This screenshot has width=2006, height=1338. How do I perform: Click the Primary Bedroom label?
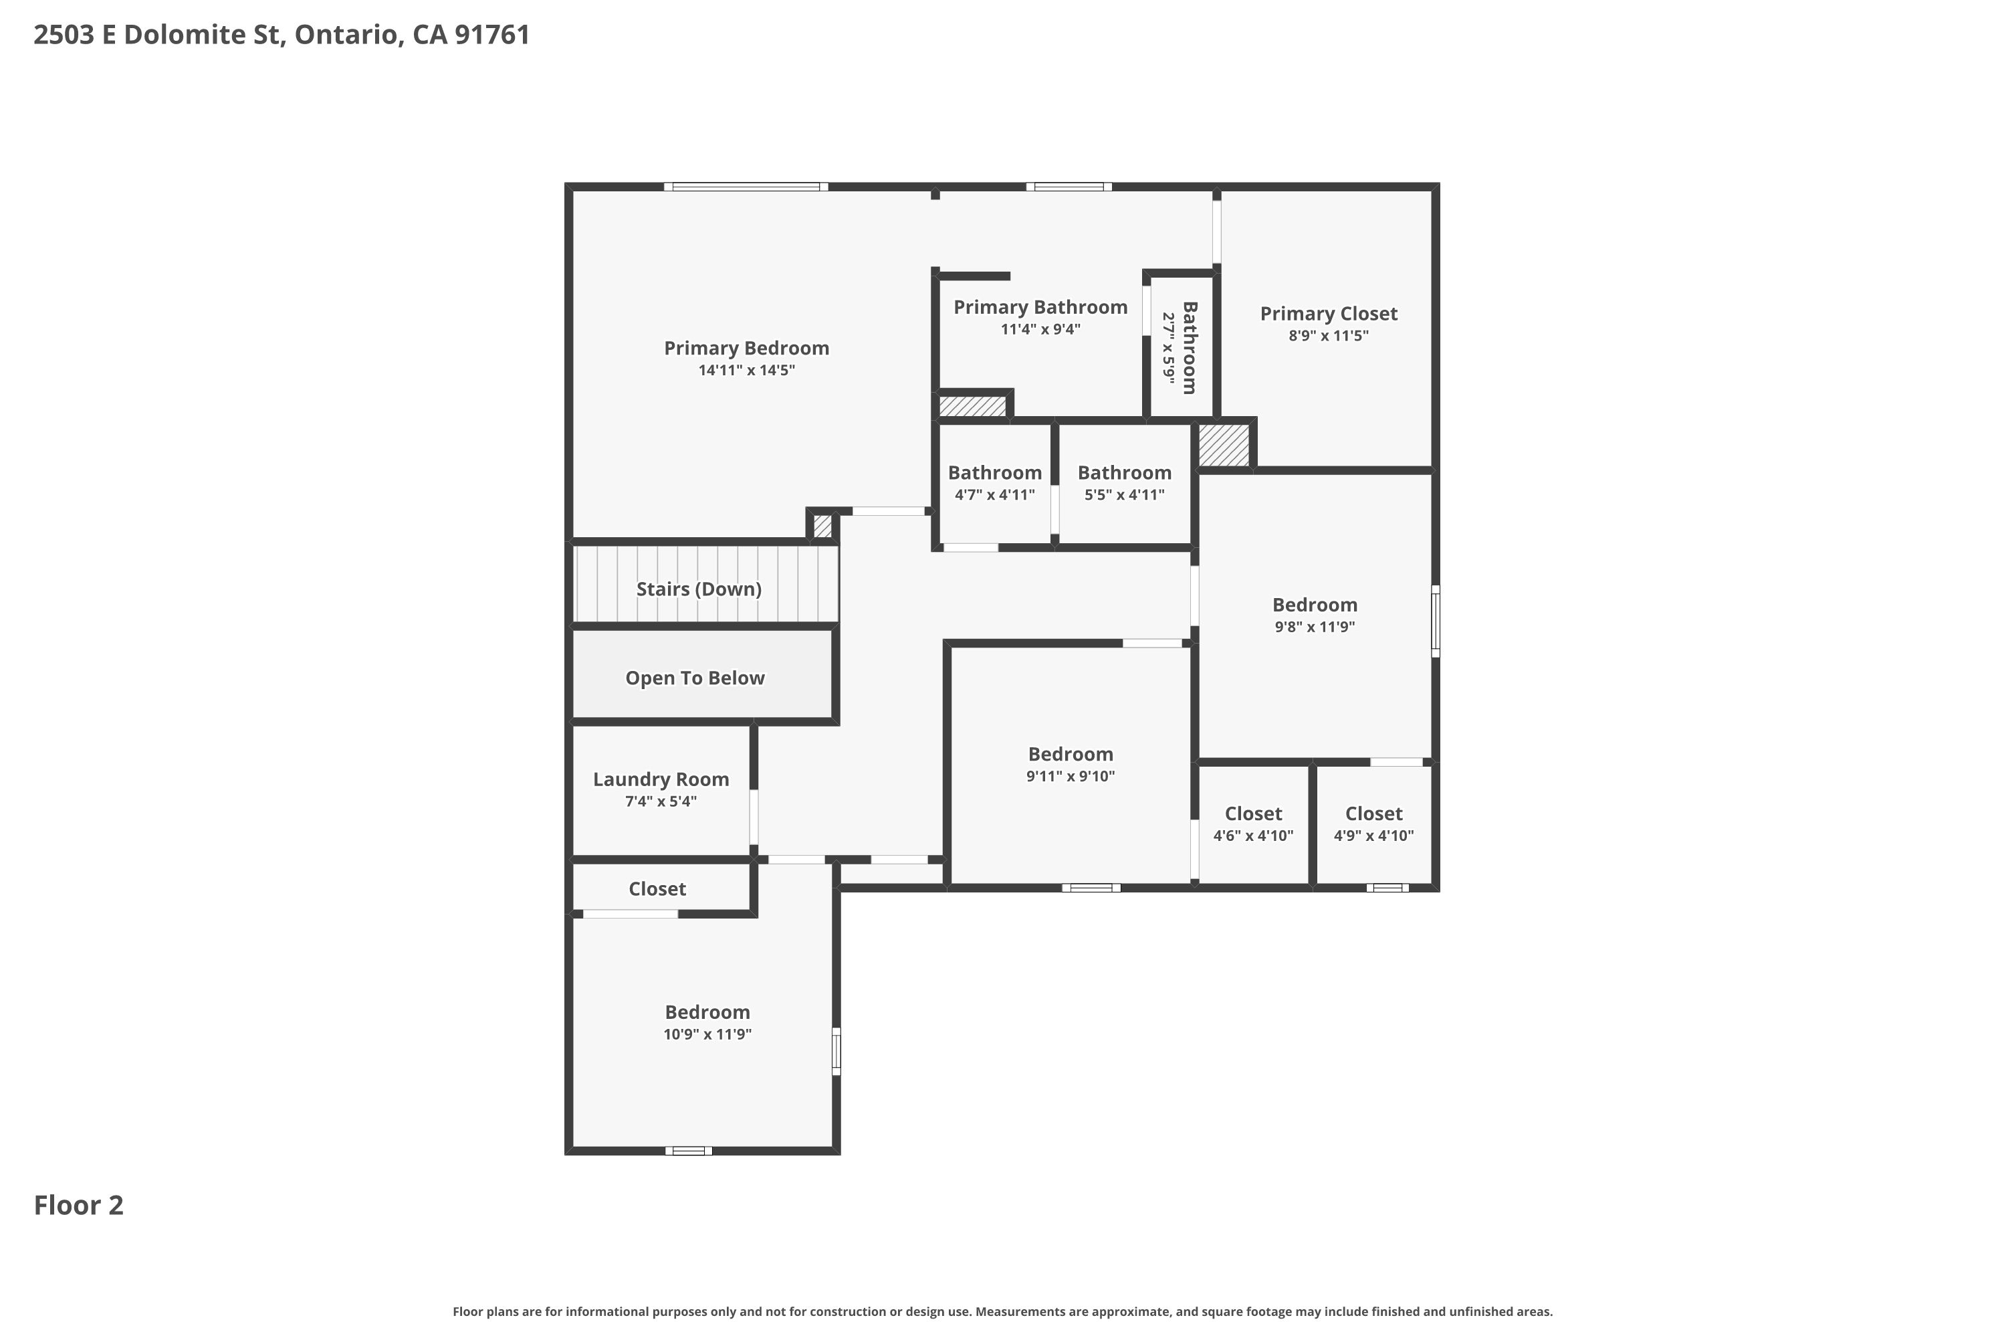[746, 348]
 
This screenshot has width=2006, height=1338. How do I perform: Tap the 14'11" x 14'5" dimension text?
[746, 371]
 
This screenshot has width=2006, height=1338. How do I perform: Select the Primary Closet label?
[1328, 314]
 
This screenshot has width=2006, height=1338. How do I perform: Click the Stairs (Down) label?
[699, 589]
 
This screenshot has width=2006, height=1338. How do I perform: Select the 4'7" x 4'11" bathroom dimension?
[994, 495]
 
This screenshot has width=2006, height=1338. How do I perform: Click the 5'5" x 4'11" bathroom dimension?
[1124, 495]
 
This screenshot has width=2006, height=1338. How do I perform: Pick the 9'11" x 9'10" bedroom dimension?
[1071, 777]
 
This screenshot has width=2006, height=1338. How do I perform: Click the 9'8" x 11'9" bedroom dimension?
[1315, 628]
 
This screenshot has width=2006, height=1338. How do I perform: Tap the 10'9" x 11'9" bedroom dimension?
[707, 1034]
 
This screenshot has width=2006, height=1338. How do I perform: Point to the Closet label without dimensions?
[657, 889]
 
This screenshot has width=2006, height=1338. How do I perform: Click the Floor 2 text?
[78, 1205]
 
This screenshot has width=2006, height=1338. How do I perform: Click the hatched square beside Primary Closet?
[1223, 445]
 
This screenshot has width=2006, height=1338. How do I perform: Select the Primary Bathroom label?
[1040, 307]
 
